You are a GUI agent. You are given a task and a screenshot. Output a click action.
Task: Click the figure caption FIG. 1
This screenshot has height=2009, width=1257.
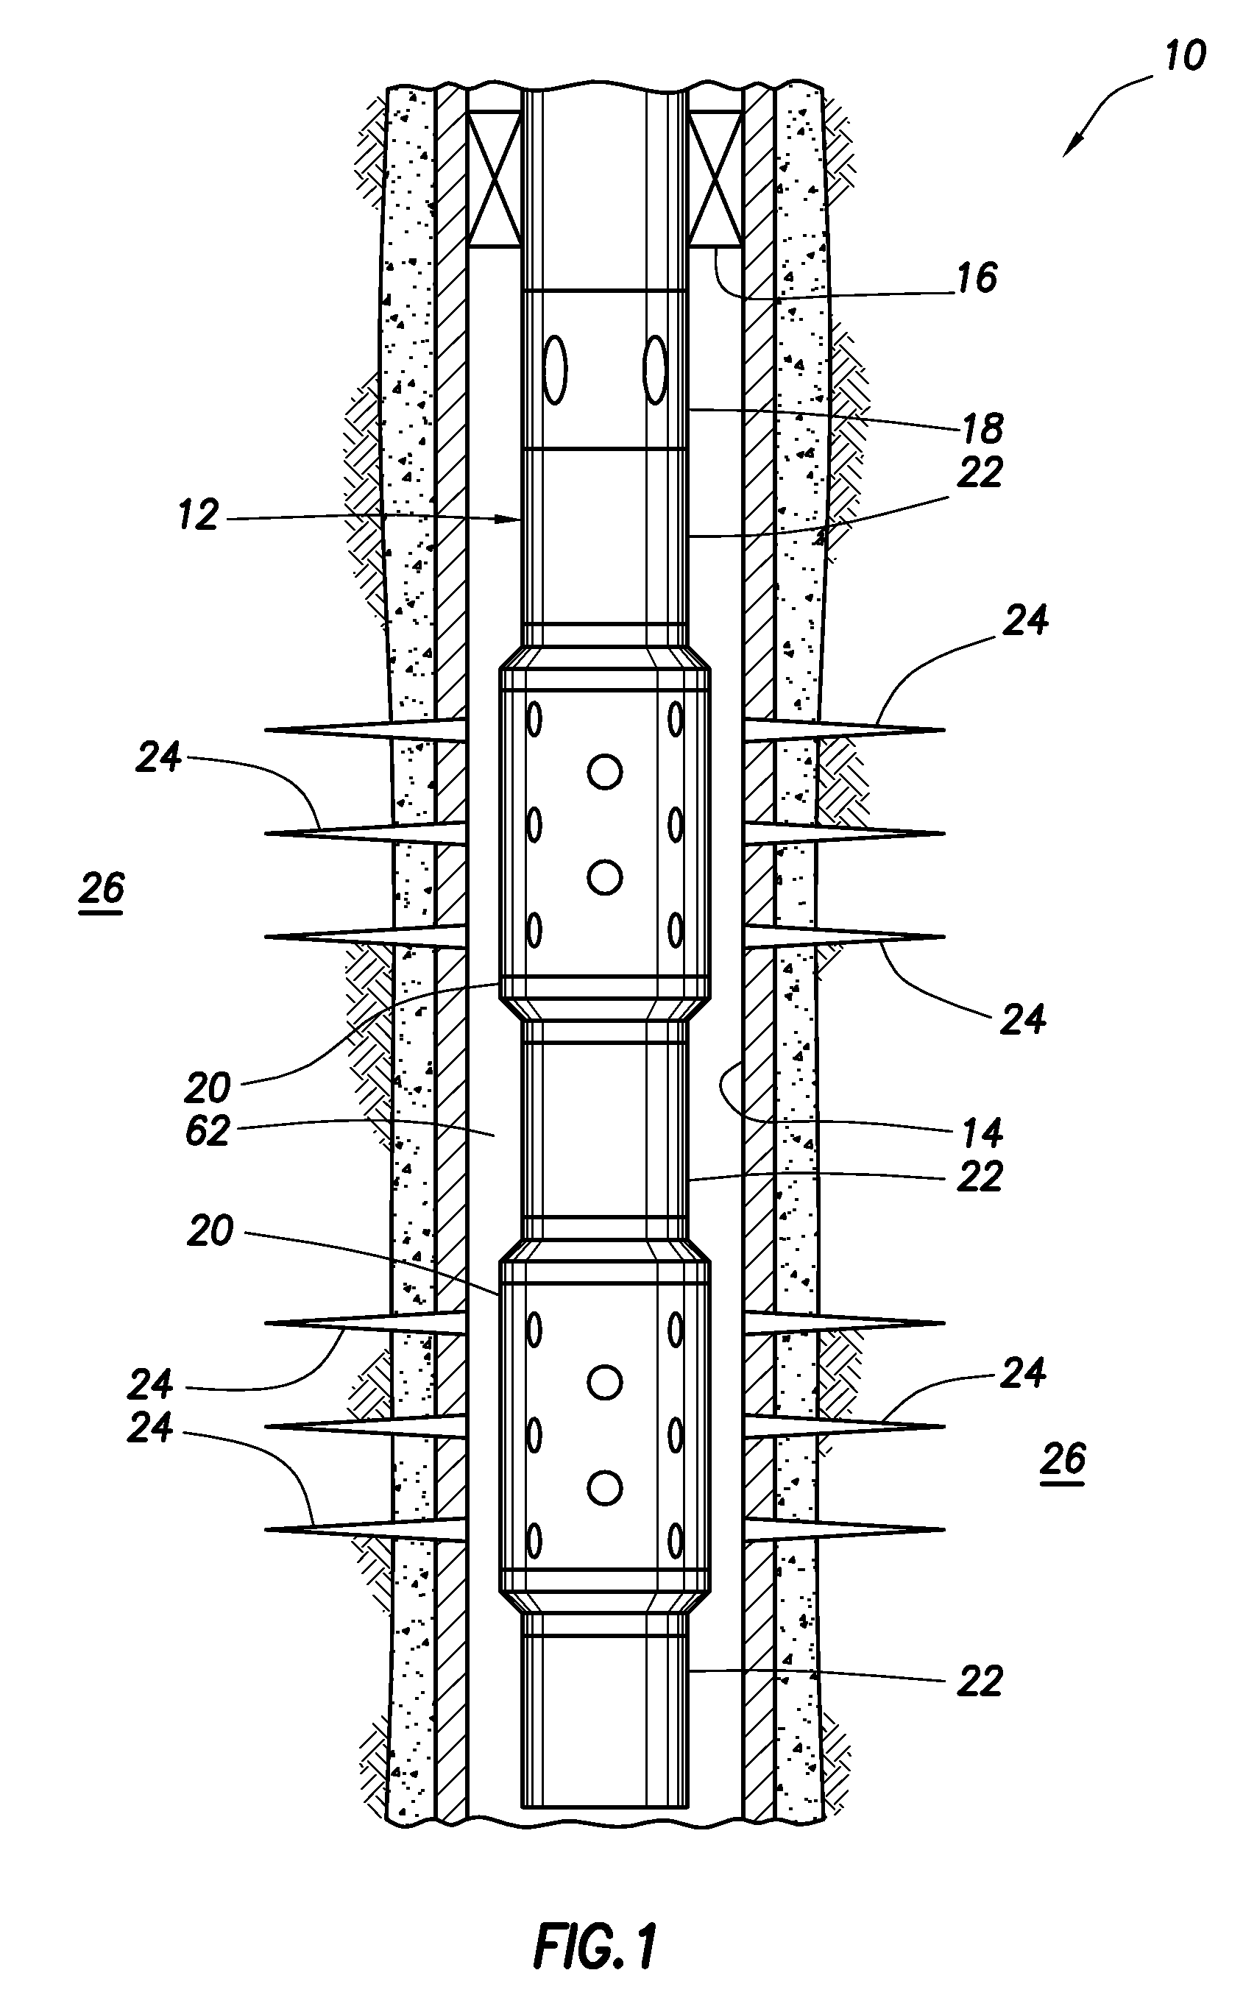tap(595, 1923)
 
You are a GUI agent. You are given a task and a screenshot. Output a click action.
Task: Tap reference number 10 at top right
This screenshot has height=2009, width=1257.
tap(1184, 57)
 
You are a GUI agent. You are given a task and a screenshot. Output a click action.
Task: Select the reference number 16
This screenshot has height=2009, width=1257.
tap(976, 277)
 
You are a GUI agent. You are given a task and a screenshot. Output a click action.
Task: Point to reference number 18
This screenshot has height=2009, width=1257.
tap(982, 428)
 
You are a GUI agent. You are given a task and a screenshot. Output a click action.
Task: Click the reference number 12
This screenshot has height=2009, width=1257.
tap(198, 515)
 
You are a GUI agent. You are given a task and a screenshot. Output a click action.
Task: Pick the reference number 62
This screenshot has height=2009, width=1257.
tap(207, 1131)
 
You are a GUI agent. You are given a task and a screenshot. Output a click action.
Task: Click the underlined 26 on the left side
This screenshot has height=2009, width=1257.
tap(102, 890)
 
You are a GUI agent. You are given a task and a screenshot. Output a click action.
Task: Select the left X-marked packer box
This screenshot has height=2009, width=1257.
tap(495, 179)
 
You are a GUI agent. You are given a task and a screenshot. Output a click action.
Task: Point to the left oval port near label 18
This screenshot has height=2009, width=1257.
tap(554, 369)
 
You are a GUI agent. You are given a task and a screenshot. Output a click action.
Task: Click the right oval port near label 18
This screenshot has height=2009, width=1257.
tap(656, 369)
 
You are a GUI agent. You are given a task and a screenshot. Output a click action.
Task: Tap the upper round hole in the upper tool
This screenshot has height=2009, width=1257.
tap(604, 772)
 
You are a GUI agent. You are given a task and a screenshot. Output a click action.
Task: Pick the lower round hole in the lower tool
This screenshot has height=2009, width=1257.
tap(604, 1488)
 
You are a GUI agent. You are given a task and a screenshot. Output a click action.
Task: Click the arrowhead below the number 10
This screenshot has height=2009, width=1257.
tap(1073, 145)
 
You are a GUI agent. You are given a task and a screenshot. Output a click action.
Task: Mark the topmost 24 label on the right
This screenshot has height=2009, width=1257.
tap(1025, 620)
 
